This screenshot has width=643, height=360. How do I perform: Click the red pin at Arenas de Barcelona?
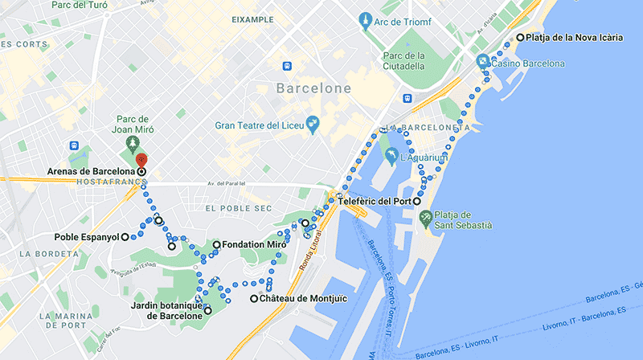[x=141, y=160]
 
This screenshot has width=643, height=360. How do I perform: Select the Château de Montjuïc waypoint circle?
[x=254, y=299]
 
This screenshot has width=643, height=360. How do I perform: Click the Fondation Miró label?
[x=254, y=244]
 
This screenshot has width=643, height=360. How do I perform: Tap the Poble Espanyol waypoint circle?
[x=125, y=237]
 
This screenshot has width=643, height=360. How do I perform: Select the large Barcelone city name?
[x=313, y=88]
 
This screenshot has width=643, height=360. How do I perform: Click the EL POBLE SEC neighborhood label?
[x=235, y=208]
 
